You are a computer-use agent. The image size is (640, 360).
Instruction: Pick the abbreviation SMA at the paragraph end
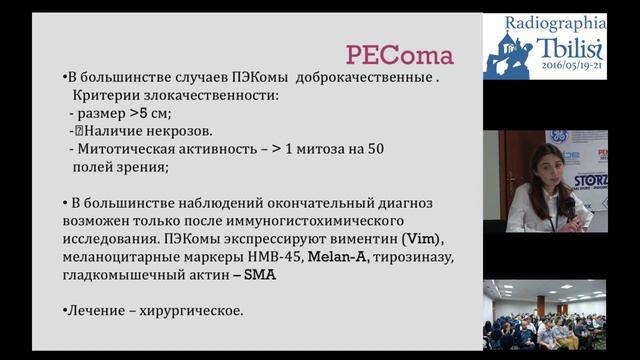(x=259, y=275)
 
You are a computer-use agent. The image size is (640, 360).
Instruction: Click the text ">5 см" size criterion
(x=150, y=113)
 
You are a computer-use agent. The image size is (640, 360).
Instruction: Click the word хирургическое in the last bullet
(x=188, y=311)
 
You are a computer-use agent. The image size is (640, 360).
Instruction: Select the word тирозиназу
(x=410, y=258)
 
